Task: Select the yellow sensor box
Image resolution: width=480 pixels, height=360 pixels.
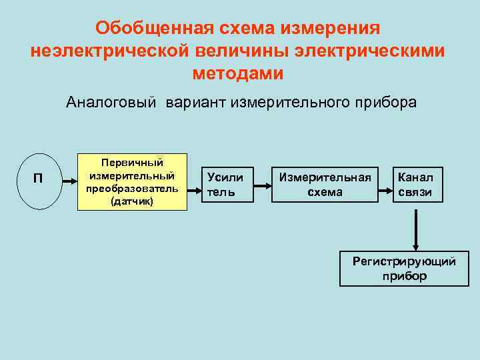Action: pyautogui.click(x=131, y=181)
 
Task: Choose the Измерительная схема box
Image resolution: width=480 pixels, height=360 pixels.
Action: pyautogui.click(x=325, y=184)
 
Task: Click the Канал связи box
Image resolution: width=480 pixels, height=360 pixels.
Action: pyautogui.click(x=415, y=185)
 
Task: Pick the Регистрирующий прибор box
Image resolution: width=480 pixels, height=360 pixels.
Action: pyautogui.click(x=404, y=268)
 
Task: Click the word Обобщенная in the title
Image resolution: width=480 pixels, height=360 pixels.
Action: pyautogui.click(x=153, y=29)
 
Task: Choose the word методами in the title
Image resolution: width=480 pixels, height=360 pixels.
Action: pyautogui.click(x=238, y=73)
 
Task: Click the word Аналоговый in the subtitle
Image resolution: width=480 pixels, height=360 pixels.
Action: pyautogui.click(x=111, y=103)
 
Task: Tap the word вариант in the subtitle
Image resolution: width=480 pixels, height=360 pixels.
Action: pyautogui.click(x=194, y=103)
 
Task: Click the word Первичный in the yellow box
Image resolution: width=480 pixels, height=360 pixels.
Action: pyautogui.click(x=131, y=163)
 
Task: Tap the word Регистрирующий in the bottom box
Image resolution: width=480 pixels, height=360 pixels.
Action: pyautogui.click(x=404, y=261)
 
